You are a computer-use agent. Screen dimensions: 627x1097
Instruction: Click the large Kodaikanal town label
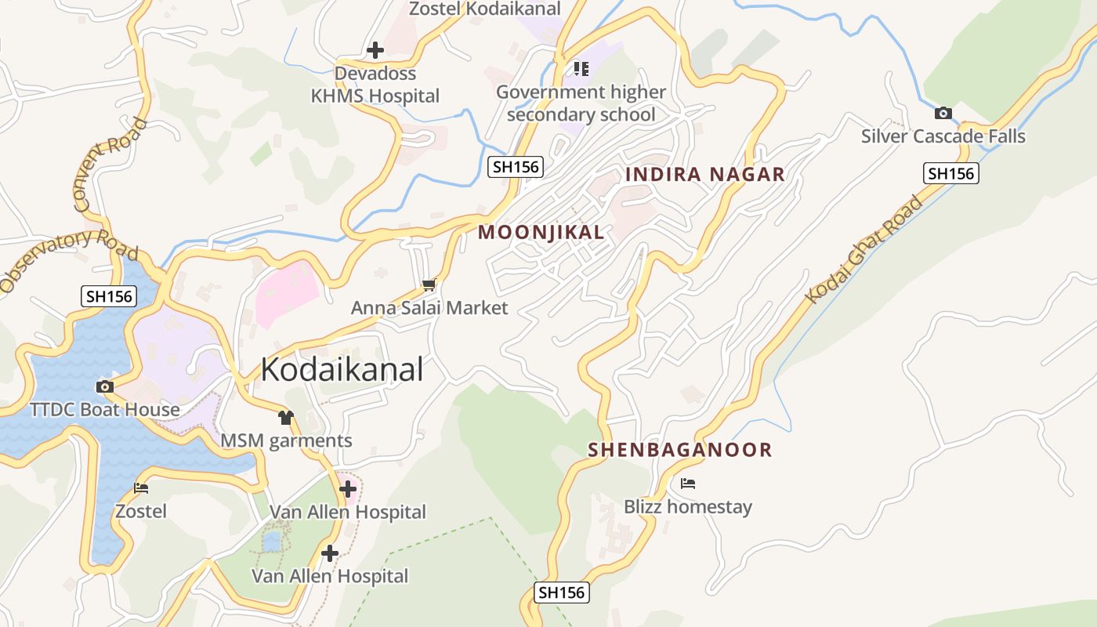(x=342, y=369)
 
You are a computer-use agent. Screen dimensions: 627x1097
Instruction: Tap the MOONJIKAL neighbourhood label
(x=541, y=232)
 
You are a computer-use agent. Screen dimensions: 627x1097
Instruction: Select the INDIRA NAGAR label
(x=704, y=174)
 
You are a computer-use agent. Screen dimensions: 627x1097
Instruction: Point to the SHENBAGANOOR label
(x=679, y=450)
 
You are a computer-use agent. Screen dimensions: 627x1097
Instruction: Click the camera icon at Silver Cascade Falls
(x=943, y=113)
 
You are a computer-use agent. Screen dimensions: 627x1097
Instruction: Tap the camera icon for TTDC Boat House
(x=104, y=386)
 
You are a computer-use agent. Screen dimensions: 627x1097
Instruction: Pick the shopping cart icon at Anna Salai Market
(x=429, y=285)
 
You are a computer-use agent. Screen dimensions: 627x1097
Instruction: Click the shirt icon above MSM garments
(x=285, y=418)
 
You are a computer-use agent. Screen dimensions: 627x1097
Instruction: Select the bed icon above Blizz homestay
(x=688, y=484)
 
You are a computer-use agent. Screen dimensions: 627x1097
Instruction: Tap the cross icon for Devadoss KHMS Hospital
(x=375, y=50)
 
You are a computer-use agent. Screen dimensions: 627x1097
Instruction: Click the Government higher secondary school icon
(x=581, y=69)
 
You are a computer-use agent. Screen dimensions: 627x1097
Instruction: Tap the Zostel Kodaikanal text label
(x=486, y=9)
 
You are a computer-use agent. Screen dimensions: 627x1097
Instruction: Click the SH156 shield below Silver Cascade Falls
(x=951, y=173)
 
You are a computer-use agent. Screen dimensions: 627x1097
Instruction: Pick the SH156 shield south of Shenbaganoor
(x=562, y=593)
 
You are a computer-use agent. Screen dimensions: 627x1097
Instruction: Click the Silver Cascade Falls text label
(x=943, y=136)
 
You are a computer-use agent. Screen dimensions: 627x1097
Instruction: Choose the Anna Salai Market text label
(x=429, y=308)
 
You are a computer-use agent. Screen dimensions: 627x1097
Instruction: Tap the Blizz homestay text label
(x=687, y=507)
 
